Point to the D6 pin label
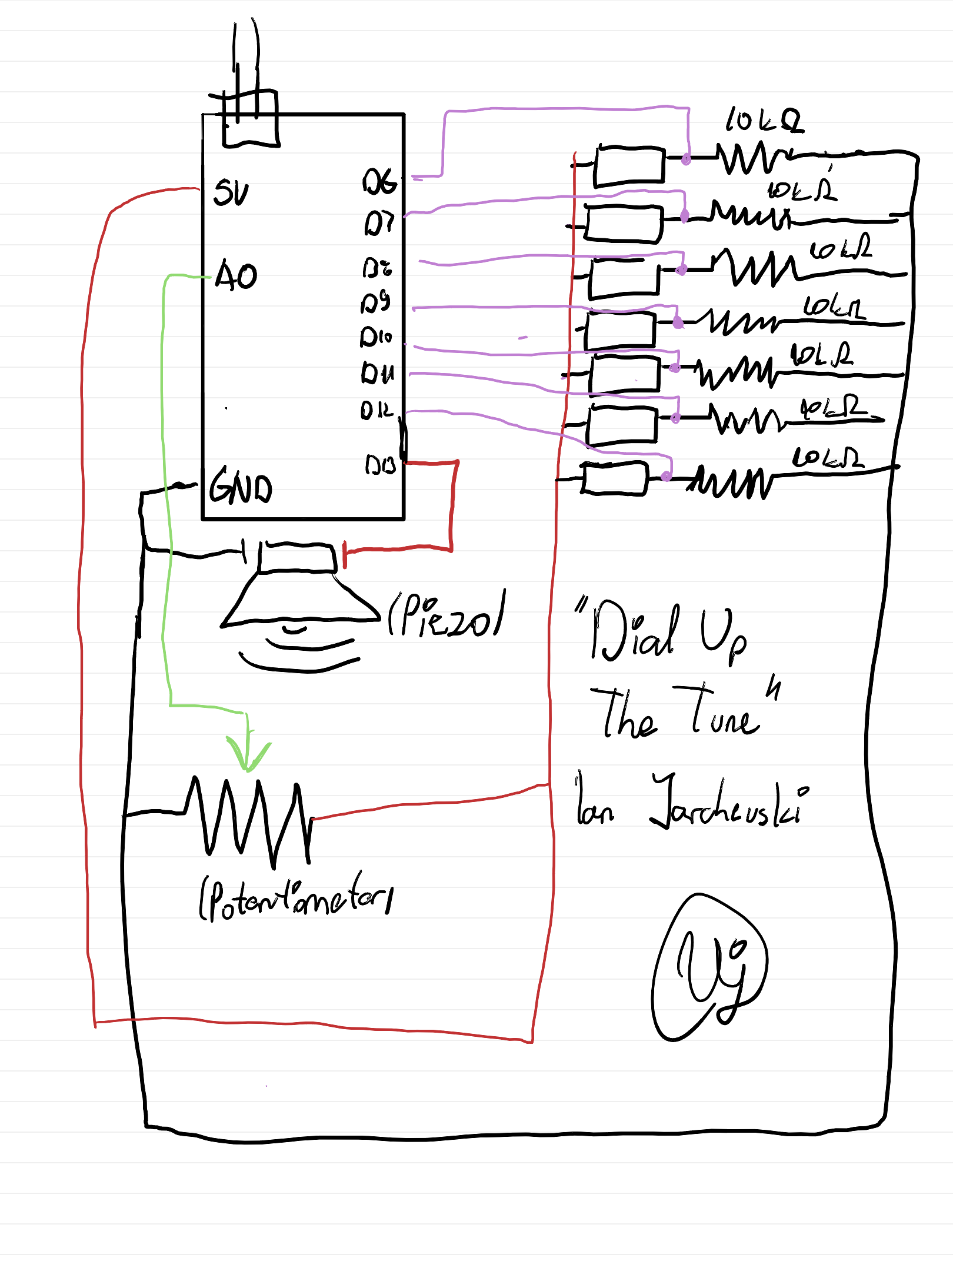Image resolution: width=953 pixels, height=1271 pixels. point(379,181)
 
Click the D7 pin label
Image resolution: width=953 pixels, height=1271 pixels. point(378,223)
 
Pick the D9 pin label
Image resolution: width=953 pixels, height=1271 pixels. point(375,302)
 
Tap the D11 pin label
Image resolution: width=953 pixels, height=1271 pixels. point(377,372)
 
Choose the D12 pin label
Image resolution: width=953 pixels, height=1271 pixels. point(376,410)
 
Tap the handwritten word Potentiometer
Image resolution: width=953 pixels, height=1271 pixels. point(297,897)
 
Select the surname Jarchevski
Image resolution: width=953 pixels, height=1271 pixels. point(729,803)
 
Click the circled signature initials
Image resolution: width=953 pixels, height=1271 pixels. point(710,969)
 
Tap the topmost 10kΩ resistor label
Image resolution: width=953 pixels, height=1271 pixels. point(764,120)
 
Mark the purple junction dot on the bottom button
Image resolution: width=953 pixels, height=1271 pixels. point(666,475)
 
